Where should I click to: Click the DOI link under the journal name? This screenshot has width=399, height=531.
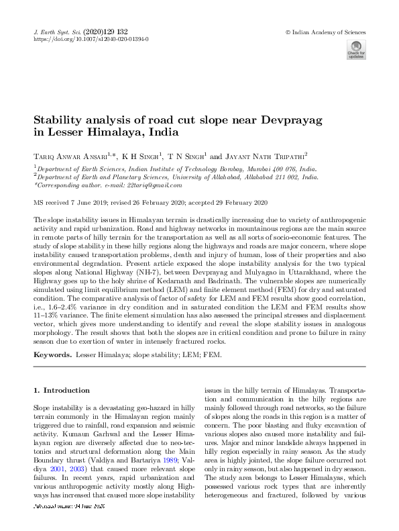(x=91, y=39)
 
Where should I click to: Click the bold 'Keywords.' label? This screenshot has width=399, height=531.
(x=53, y=354)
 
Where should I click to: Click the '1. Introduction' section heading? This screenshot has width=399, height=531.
(x=62, y=390)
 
